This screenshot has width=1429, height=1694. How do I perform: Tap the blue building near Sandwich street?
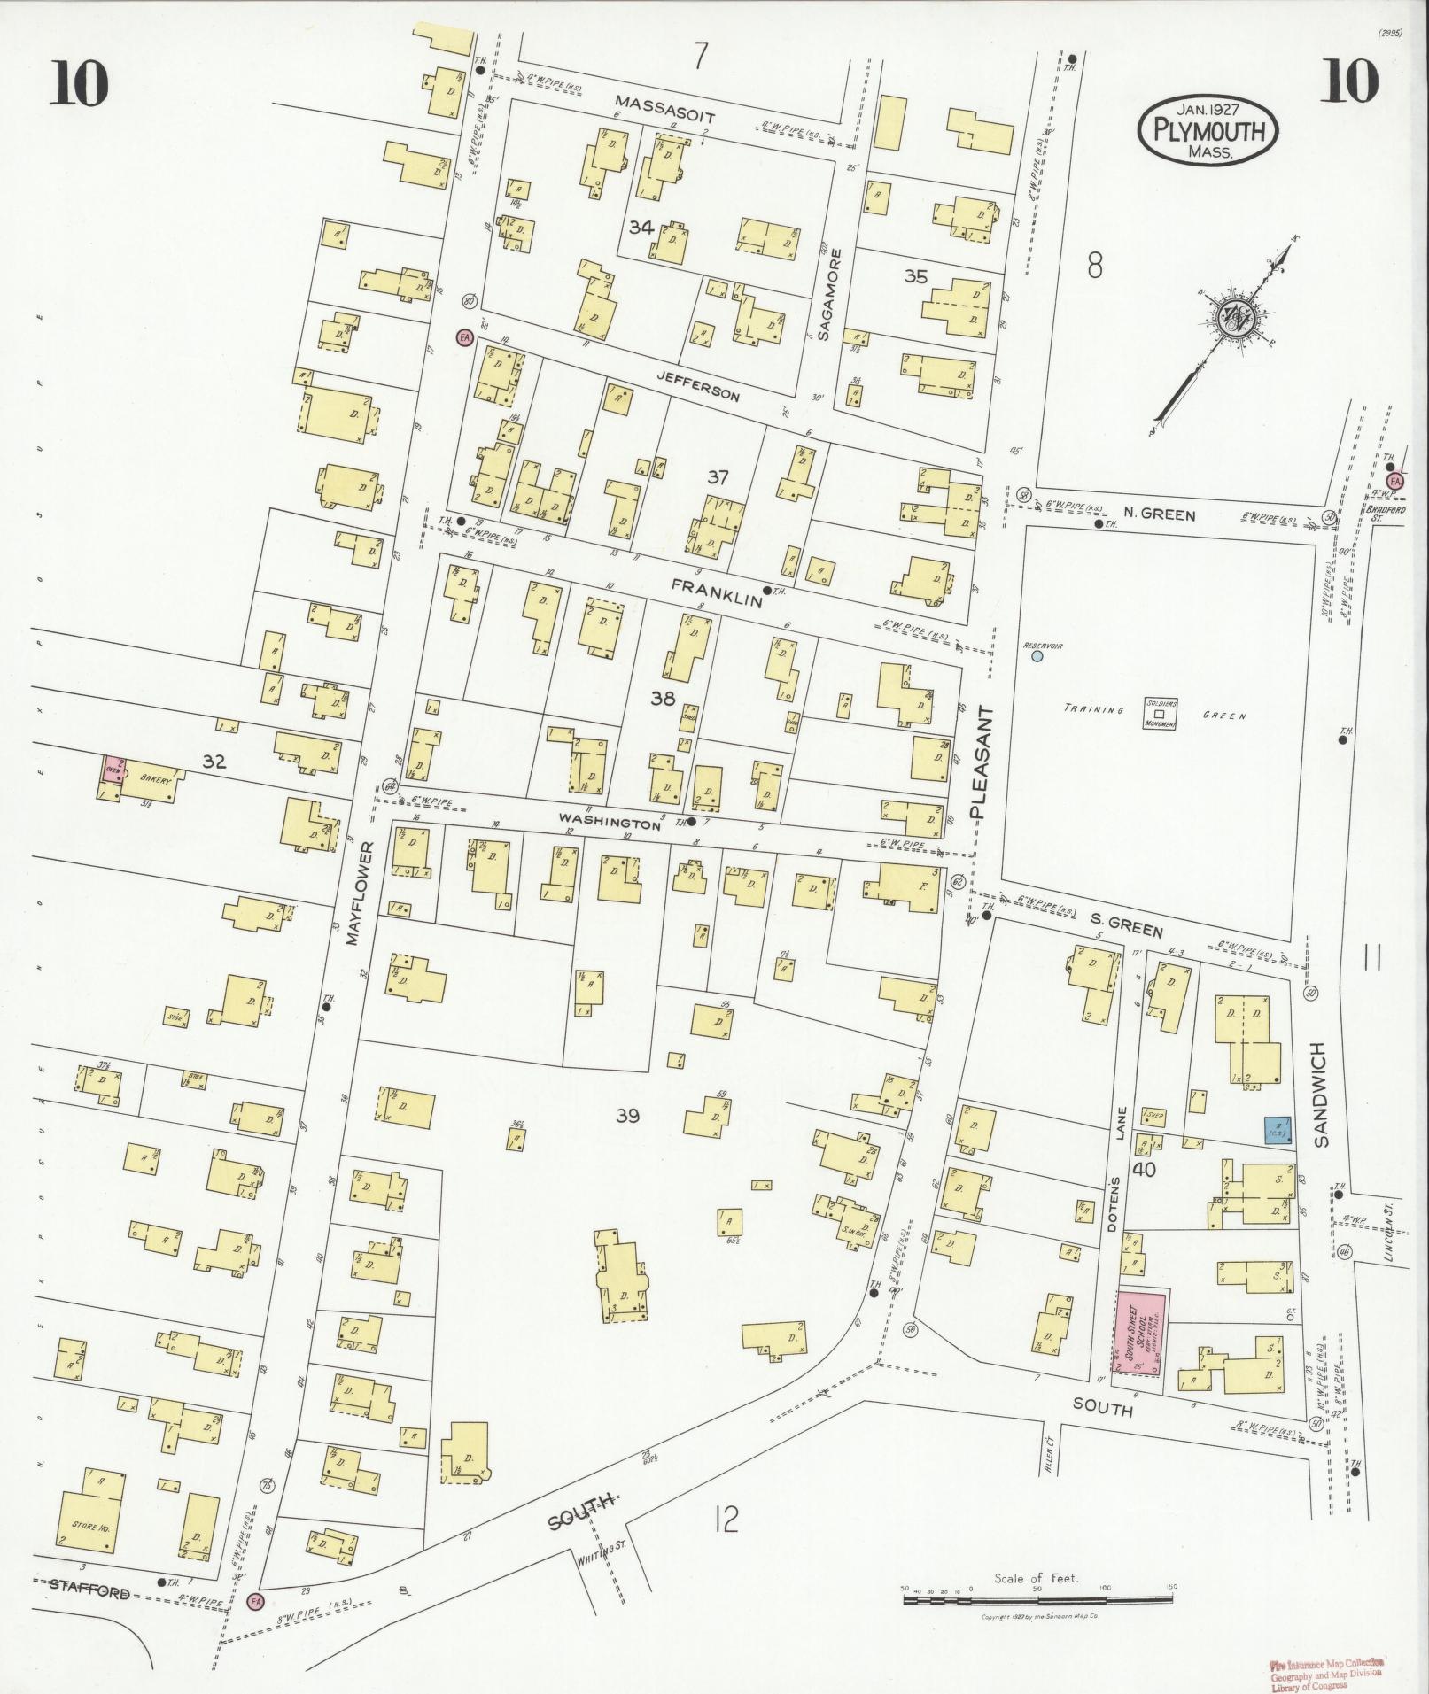[x=1276, y=1127]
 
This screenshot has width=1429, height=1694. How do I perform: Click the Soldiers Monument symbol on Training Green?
[x=1160, y=715]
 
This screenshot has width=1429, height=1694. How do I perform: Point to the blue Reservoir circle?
[x=1037, y=656]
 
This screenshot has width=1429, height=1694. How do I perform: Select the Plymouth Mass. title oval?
[x=1208, y=132]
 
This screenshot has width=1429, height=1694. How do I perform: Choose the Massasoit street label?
[x=665, y=110]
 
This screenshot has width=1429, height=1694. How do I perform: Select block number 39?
[x=627, y=1116]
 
